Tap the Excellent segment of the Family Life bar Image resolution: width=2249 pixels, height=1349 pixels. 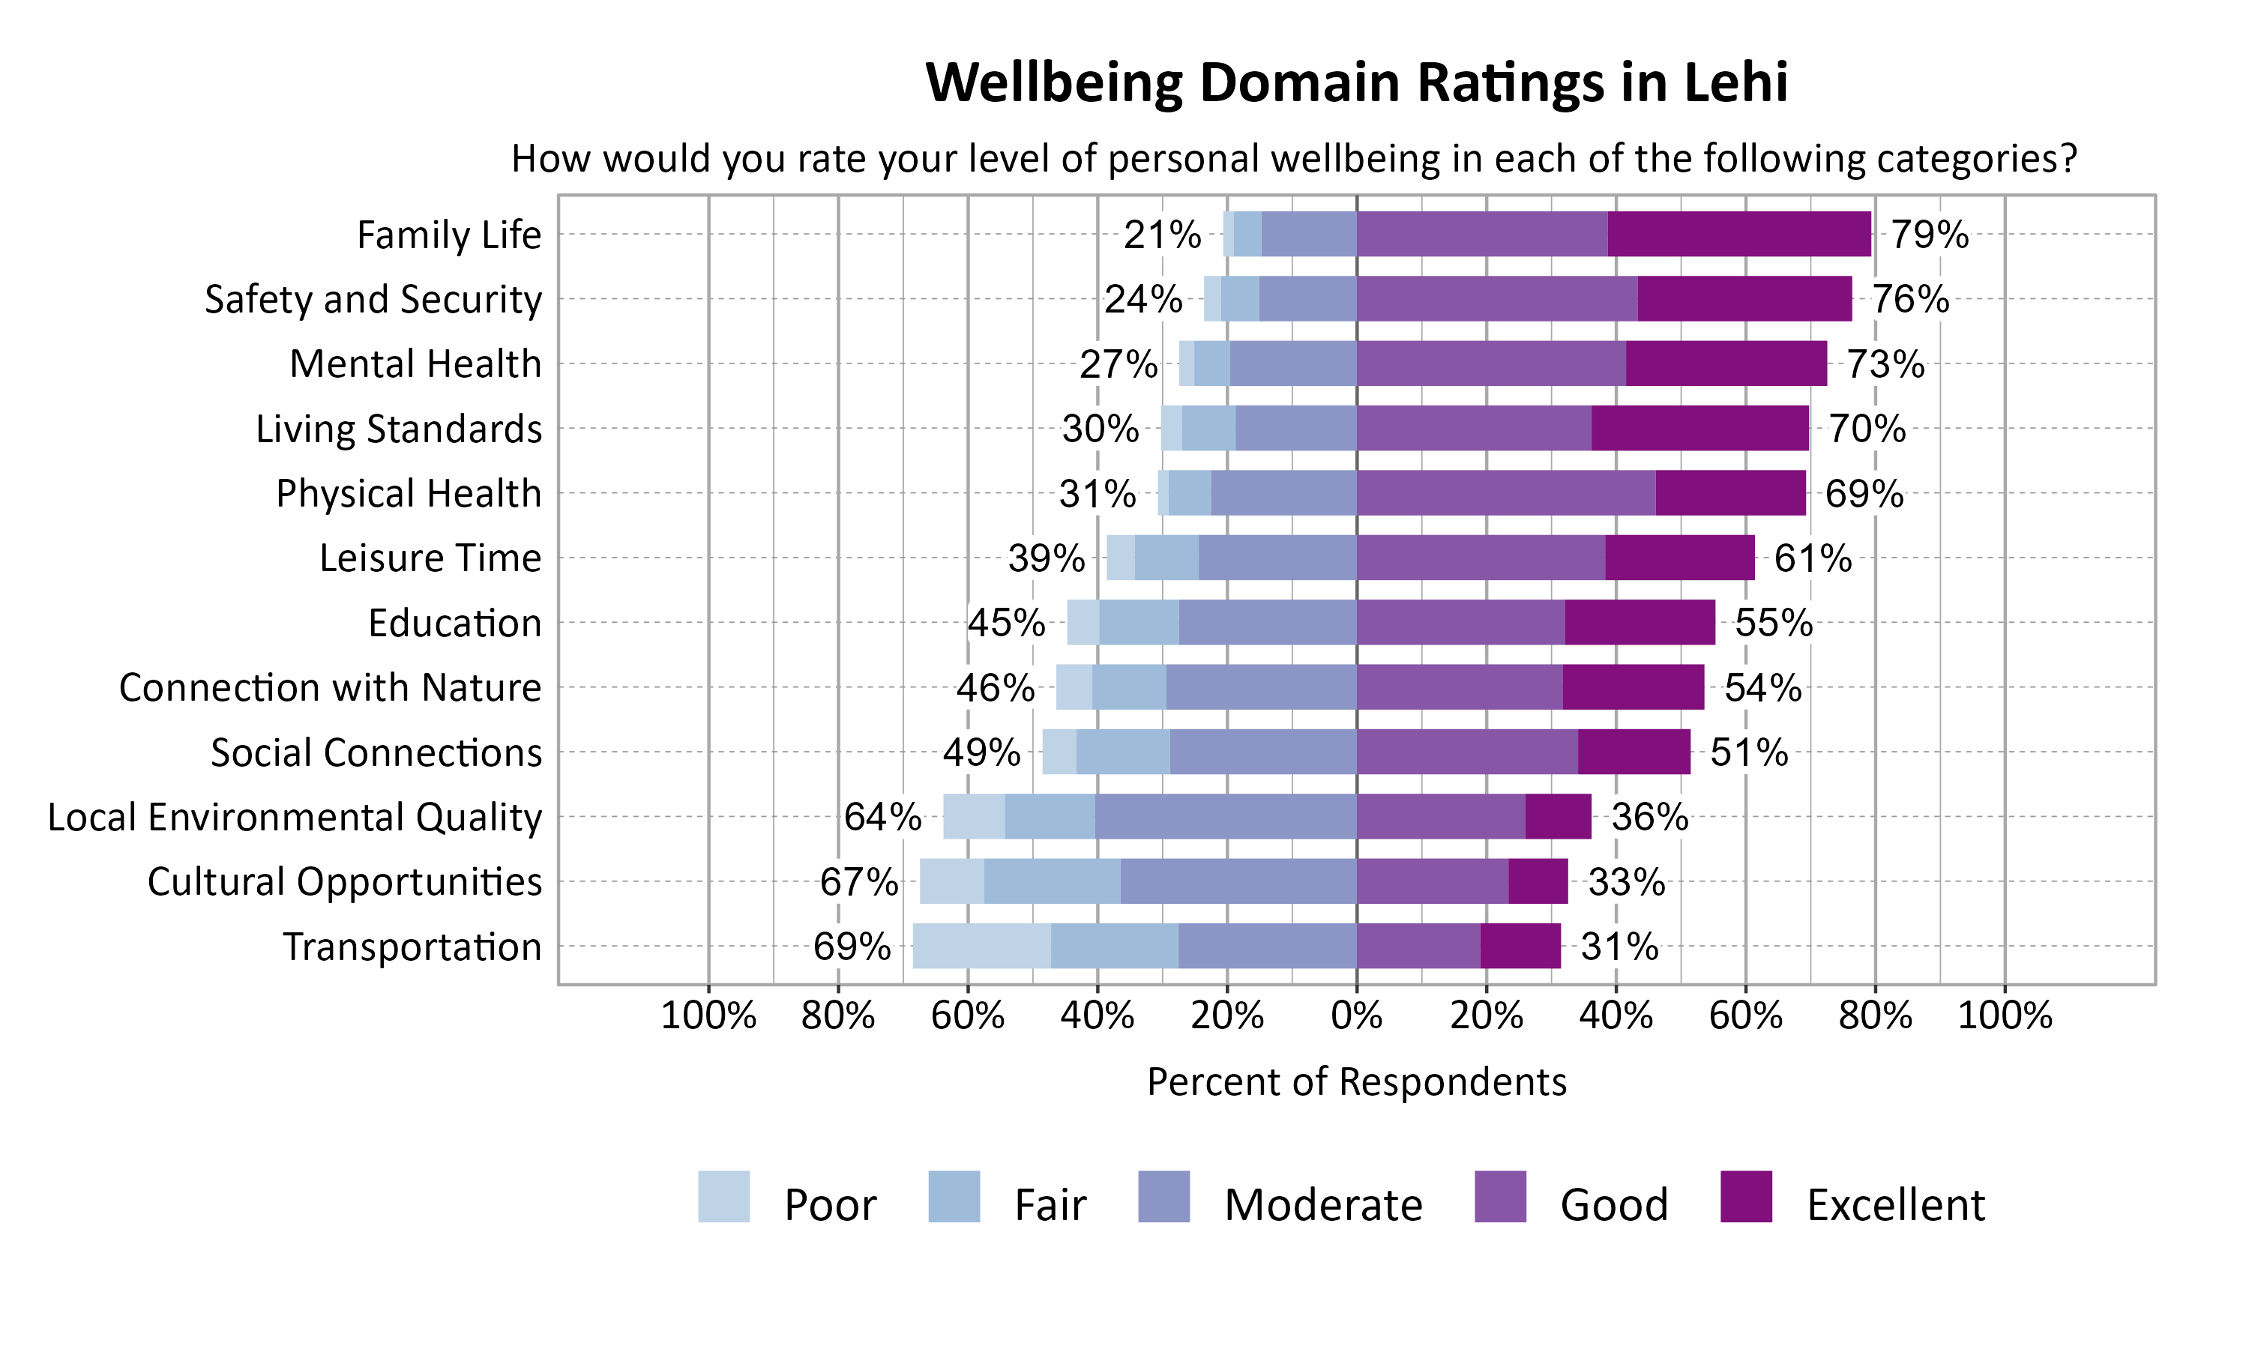click(x=1738, y=234)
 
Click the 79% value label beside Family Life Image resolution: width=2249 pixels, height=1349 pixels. click(x=1929, y=235)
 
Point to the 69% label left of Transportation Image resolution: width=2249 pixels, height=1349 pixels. click(x=851, y=947)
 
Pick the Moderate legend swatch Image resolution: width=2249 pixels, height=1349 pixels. click(x=1163, y=1196)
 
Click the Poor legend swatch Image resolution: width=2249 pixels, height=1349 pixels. click(x=723, y=1196)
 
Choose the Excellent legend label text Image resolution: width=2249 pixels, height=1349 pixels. click(x=1895, y=1204)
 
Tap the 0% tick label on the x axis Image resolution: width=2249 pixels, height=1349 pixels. click(x=1356, y=1015)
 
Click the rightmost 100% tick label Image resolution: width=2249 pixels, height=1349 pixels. click(x=2004, y=1015)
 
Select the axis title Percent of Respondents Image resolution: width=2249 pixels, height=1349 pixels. click(x=1356, y=1081)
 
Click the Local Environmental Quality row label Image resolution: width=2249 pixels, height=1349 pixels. click(x=295, y=816)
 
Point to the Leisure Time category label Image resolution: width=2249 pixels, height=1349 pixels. click(x=430, y=558)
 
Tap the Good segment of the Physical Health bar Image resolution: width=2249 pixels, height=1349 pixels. click(x=1505, y=492)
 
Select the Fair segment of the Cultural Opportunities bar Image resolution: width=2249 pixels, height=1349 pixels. click(x=1051, y=881)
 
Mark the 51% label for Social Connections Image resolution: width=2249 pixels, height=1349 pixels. click(x=1748, y=752)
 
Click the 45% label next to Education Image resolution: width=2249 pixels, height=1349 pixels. click(x=1005, y=623)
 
